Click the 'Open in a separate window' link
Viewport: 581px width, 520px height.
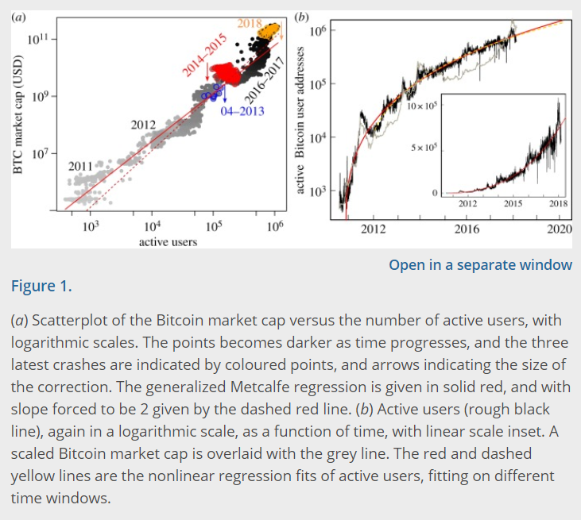[x=480, y=264]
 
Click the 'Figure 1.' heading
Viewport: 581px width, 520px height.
[x=41, y=287]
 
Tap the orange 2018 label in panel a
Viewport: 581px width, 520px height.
[x=250, y=22]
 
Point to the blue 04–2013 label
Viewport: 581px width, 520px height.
[x=242, y=111]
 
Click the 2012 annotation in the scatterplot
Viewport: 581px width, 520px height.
[x=143, y=125]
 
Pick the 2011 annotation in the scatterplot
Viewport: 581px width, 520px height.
[x=81, y=166]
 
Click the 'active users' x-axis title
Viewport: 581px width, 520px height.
[x=168, y=241]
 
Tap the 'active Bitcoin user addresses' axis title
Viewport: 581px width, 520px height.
[x=300, y=120]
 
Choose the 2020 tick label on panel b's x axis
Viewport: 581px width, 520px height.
[x=560, y=229]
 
